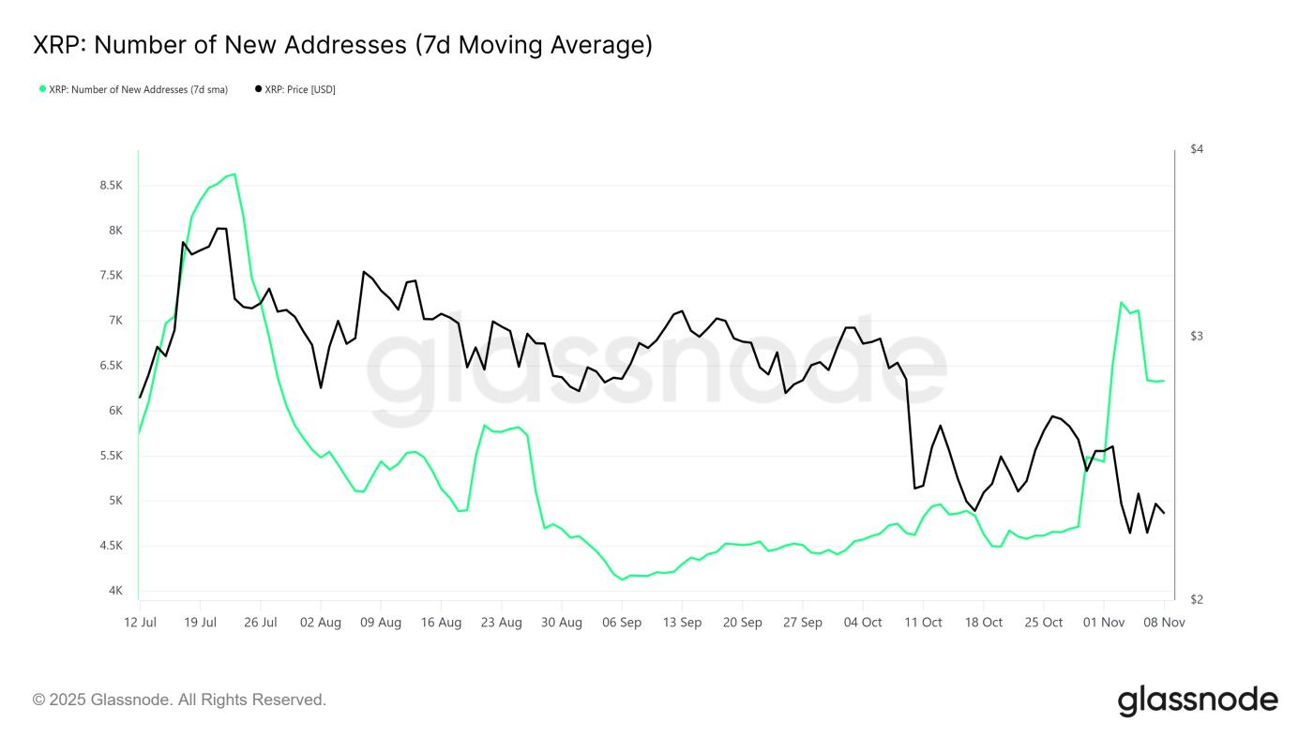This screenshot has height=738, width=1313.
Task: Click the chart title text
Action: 342,45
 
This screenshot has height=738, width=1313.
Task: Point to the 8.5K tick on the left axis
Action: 111,186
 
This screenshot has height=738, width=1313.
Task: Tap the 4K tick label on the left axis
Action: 116,591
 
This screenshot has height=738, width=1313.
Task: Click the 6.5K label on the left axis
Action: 111,366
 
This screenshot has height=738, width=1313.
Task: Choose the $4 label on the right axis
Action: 1197,149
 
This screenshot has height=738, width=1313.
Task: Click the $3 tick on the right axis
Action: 1197,337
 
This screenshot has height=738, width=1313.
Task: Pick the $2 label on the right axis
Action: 1197,599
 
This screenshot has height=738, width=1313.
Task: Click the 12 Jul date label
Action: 141,623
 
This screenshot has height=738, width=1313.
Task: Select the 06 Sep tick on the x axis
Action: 622,623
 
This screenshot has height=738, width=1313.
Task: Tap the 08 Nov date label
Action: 1164,623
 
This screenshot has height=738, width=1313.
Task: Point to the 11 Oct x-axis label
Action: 923,623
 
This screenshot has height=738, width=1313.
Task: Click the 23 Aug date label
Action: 502,623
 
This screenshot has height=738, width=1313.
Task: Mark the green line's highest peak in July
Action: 234,173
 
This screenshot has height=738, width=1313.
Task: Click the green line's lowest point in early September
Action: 623,580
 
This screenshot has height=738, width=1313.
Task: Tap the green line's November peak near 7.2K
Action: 1121,302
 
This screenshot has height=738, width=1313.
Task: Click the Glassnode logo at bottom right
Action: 1198,700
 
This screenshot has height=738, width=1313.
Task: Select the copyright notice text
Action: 179,700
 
